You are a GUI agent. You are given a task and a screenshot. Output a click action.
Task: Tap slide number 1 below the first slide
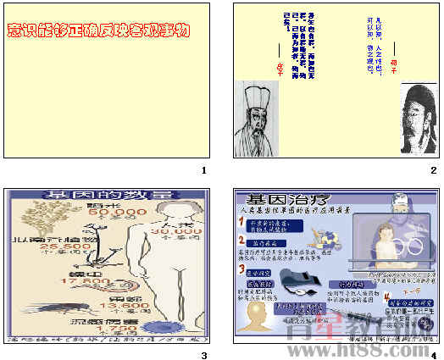(204, 170)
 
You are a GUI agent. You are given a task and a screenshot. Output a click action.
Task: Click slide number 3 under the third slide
(204, 355)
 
